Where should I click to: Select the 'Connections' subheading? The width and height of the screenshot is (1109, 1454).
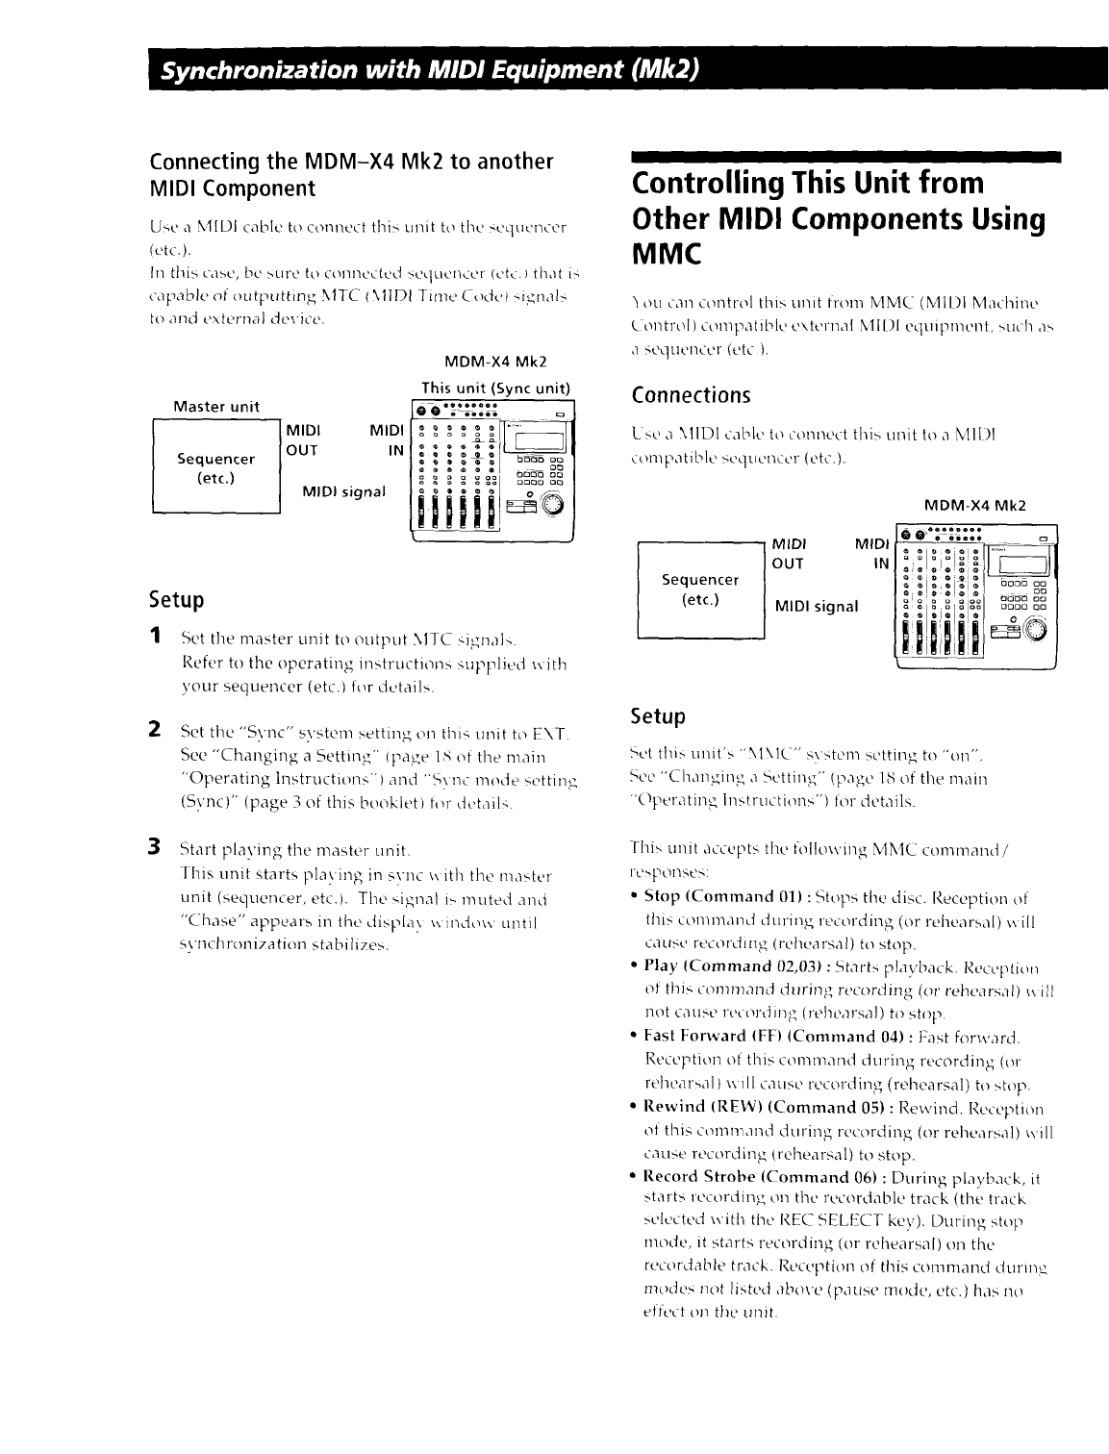point(690,395)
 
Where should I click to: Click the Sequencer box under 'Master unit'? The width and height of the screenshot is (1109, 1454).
point(216,467)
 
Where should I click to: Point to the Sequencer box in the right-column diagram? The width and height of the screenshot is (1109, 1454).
point(700,589)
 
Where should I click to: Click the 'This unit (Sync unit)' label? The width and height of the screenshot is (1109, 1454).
point(496,389)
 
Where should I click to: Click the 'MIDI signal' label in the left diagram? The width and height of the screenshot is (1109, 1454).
point(344,491)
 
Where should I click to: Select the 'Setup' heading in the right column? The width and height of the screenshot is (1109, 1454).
point(658,716)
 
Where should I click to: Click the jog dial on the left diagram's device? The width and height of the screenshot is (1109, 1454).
point(552,504)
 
